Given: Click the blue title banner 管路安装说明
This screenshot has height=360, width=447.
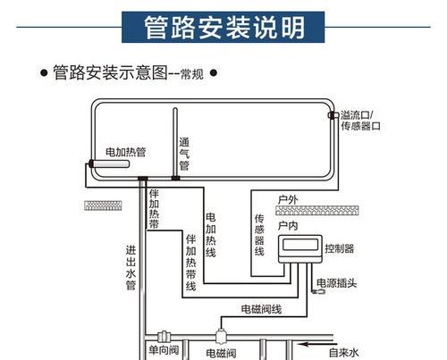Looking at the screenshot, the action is (x=223, y=27).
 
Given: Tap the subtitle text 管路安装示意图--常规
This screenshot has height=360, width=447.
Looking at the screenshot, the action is (x=128, y=72).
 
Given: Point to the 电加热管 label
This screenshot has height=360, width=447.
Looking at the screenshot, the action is (x=126, y=152).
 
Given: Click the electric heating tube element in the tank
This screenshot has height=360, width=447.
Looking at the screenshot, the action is (x=109, y=163).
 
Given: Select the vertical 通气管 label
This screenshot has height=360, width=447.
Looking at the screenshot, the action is (x=184, y=154).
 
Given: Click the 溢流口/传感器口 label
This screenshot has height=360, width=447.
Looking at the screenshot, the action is (x=360, y=121).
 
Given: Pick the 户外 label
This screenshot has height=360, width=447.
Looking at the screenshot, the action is (x=288, y=199).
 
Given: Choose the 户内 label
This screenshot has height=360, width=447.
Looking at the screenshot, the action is (x=288, y=226).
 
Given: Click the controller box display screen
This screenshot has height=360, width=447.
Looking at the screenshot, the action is (x=300, y=245).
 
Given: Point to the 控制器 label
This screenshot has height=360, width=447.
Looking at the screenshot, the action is (x=340, y=248).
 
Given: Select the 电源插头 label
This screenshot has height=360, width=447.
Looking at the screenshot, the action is (x=336, y=283).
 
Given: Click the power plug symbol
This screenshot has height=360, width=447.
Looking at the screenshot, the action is (x=318, y=292).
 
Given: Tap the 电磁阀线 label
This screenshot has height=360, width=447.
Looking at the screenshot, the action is (x=261, y=309).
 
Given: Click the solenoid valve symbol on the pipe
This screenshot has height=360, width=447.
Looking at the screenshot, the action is (x=221, y=336).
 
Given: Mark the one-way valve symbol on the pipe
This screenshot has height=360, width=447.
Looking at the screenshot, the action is (x=164, y=337).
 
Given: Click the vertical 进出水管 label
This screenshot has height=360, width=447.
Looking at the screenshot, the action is (x=131, y=267).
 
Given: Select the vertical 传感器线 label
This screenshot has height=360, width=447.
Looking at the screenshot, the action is (x=259, y=235).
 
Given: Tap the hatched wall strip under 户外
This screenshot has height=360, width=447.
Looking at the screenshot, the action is (x=317, y=210).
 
